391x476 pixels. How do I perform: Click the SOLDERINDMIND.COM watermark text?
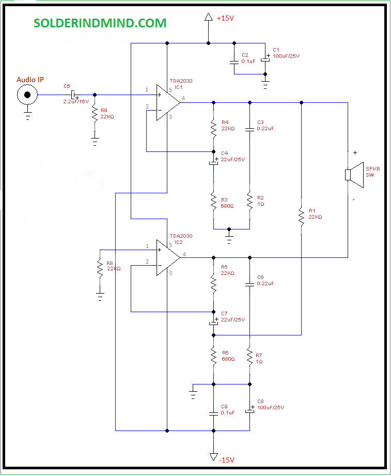tap(100, 23)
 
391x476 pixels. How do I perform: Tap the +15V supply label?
tap(225, 18)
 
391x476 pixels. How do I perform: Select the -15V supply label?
tap(227, 460)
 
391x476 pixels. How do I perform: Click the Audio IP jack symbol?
tap(27, 95)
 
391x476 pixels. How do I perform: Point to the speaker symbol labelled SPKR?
tap(354, 175)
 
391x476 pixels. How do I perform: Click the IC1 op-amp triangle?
tap(168, 103)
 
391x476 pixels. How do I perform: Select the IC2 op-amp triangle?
tap(168, 257)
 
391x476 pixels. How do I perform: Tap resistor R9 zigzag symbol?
tap(95, 114)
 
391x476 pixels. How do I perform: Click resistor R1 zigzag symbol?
tap(301, 217)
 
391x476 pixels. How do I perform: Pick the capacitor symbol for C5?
tap(73, 95)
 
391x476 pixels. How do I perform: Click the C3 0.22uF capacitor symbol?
tap(249, 129)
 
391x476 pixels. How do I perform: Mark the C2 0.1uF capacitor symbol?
tap(234, 62)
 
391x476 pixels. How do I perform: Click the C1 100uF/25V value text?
tap(286, 56)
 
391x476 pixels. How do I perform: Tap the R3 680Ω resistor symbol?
tap(213, 201)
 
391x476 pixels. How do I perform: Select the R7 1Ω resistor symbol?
tap(249, 357)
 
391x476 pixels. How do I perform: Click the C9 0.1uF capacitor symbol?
tap(213, 413)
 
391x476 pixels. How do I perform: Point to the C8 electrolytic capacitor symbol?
tap(250, 409)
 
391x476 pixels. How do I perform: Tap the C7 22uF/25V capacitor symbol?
tap(214, 321)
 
